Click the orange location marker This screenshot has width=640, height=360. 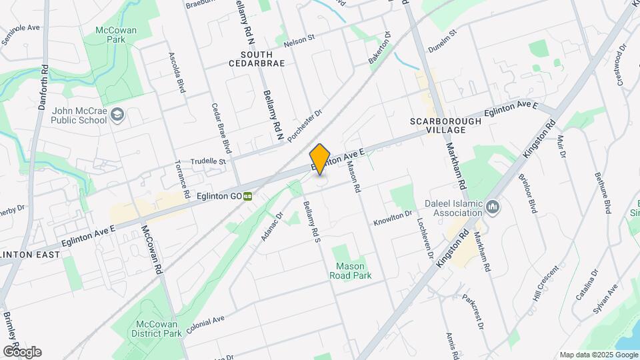[320, 160]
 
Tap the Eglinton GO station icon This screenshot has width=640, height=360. [248, 197]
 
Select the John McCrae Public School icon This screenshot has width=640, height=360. [117, 115]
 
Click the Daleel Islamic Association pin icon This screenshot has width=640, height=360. [493, 208]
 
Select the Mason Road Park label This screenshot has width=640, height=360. [349, 270]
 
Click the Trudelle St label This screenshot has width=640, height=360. [209, 161]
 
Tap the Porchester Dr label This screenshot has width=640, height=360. [305, 126]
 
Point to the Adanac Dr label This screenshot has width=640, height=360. [273, 225]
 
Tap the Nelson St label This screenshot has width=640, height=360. [299, 41]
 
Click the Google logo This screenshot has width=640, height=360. [22, 352]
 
